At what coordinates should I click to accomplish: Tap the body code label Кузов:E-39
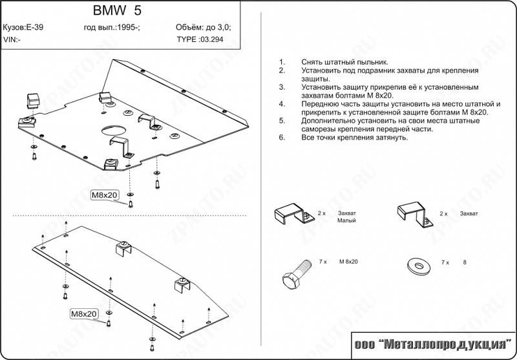[x=23, y=28]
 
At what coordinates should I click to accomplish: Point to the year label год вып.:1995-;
[x=112, y=28]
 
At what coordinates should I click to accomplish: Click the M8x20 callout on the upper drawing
[x=103, y=195]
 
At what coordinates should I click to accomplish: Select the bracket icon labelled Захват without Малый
[x=412, y=214]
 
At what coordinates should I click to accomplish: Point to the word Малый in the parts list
[x=346, y=220]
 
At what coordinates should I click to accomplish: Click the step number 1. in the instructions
[x=281, y=61]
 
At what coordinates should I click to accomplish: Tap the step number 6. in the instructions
[x=281, y=138]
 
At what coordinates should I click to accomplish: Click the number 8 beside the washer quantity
[x=463, y=262]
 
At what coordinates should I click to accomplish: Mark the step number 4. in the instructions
[x=281, y=103]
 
